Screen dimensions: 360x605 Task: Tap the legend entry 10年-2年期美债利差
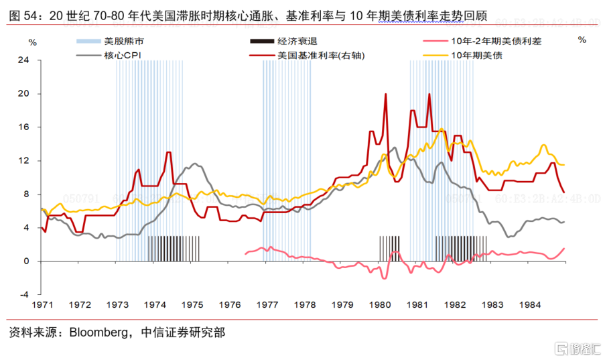tap(494, 41)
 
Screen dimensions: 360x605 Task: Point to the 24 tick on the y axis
tap(24, 60)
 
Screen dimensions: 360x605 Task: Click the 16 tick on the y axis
tap(24, 127)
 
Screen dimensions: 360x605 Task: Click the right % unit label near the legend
tap(582, 40)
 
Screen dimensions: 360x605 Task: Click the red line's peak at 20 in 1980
tap(386, 95)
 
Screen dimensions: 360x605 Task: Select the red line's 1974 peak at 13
tap(169, 153)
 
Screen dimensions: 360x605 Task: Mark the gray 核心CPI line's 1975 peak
tap(194, 164)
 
